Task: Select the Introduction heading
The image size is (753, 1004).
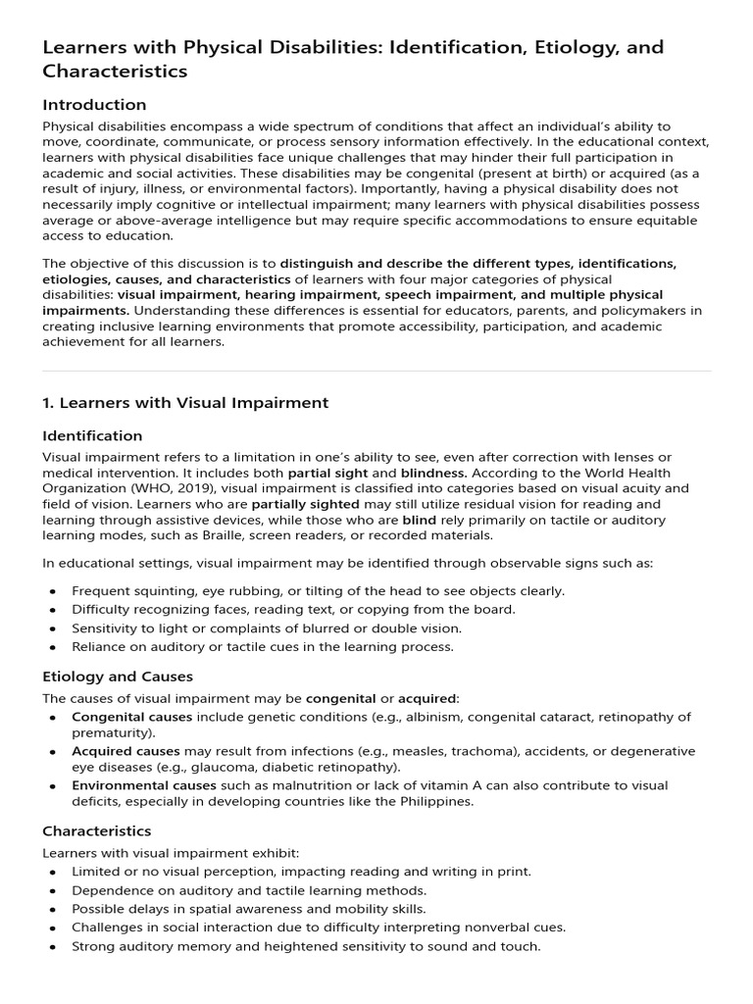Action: pyautogui.click(x=94, y=105)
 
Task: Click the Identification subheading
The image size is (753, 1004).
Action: pyautogui.click(x=93, y=435)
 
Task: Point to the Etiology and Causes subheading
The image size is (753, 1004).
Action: pyautogui.click(x=118, y=677)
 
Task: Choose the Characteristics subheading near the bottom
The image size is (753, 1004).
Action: pyautogui.click(x=97, y=831)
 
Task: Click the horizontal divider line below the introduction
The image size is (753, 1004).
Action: pyautogui.click(x=376, y=371)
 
